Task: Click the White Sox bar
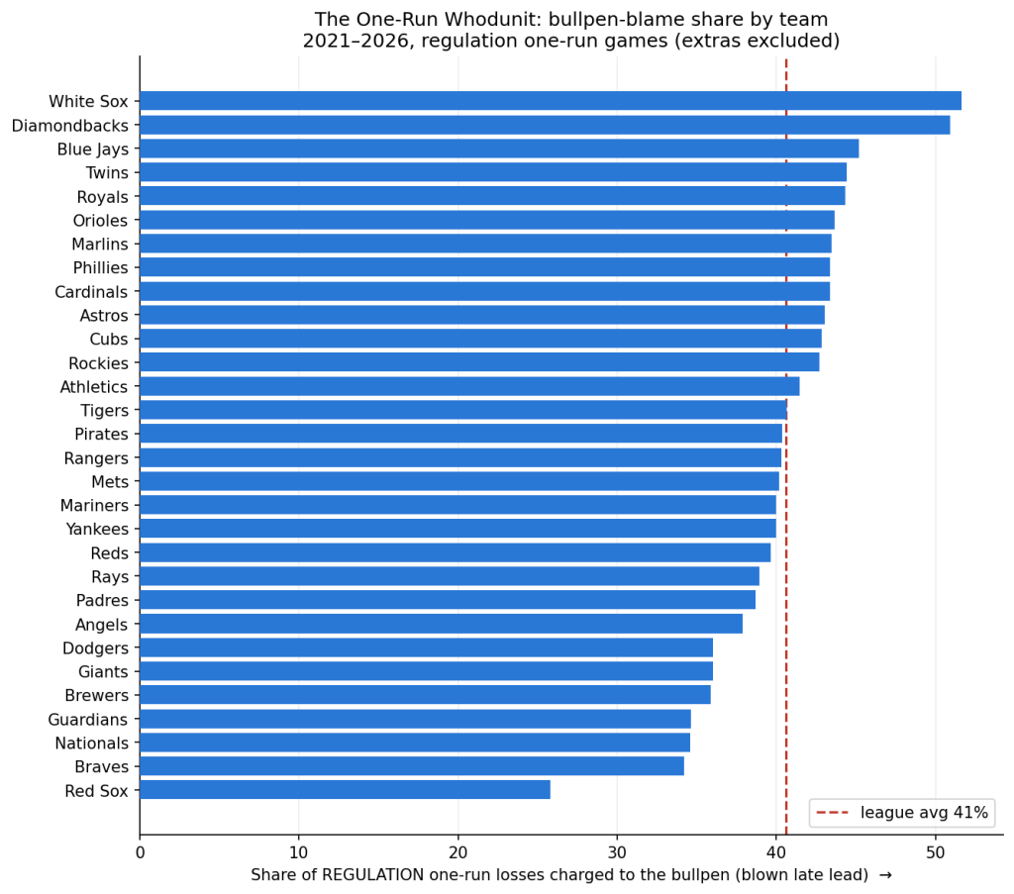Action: (551, 101)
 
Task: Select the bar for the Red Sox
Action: (345, 790)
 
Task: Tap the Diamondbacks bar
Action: (545, 125)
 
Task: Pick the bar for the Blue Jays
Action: (499, 149)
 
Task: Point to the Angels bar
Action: (441, 624)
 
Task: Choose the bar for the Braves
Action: (412, 766)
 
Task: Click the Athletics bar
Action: (469, 386)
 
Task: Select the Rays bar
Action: (450, 576)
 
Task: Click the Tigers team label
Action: (105, 411)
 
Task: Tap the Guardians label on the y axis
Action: (88, 720)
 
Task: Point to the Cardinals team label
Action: (91, 292)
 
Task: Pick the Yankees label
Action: (97, 530)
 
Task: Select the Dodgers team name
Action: (96, 648)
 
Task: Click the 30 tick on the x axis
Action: (617, 852)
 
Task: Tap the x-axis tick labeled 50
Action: (935, 852)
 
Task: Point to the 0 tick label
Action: (140, 852)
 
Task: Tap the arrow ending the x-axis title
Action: (885, 875)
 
